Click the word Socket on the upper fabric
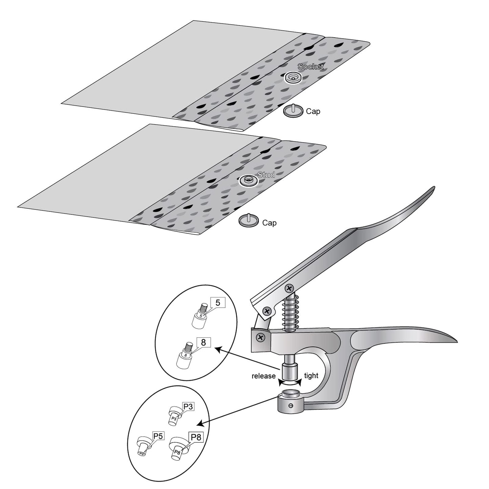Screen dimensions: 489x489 point(310,67)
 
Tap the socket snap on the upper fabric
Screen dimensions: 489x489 point(293,77)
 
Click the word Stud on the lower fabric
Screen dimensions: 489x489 point(266,175)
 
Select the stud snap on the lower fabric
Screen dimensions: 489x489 point(248,180)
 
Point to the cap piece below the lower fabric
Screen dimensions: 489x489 point(248,220)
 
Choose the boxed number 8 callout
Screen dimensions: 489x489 point(203,342)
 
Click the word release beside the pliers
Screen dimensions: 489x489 point(263,376)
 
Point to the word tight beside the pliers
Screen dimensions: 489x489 point(311,376)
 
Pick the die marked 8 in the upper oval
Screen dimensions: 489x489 point(185,355)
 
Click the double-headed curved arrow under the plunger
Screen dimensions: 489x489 point(290,382)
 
